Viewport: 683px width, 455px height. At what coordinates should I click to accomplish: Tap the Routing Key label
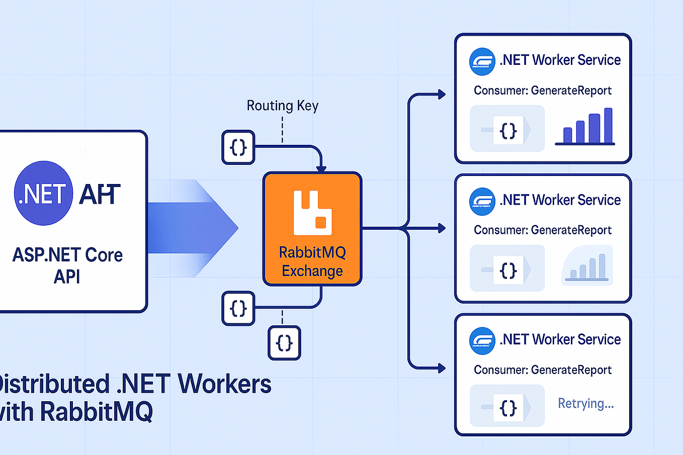point(282,106)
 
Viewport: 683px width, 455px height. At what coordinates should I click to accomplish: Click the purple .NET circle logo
point(43,193)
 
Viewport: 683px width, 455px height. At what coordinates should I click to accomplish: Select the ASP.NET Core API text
point(67,265)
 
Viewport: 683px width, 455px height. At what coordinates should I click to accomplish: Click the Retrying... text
point(585,403)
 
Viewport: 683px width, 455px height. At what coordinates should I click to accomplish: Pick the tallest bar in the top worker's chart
point(608,126)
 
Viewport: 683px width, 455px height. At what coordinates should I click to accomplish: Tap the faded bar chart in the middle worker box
point(587,266)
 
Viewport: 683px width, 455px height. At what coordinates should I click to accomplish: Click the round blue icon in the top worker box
point(482,61)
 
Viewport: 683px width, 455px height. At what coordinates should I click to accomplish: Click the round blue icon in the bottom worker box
point(482,340)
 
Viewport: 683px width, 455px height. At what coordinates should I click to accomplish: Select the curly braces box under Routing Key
point(238,147)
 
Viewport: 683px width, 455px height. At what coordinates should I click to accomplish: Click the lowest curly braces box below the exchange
point(284,343)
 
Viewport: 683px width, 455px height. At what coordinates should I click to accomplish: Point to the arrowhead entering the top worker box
point(442,94)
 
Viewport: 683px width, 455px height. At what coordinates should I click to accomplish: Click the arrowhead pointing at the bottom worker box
point(442,369)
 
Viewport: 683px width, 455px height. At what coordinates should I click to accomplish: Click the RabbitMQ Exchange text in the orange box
point(312,261)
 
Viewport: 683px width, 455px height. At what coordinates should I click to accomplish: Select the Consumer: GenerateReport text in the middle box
point(542,230)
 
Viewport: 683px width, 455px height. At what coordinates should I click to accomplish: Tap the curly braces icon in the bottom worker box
point(508,408)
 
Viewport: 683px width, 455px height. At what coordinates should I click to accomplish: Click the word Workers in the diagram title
point(224,384)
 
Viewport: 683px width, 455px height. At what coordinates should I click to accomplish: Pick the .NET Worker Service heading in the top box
point(560,60)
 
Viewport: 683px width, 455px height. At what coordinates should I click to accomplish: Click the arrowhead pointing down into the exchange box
point(321,169)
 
